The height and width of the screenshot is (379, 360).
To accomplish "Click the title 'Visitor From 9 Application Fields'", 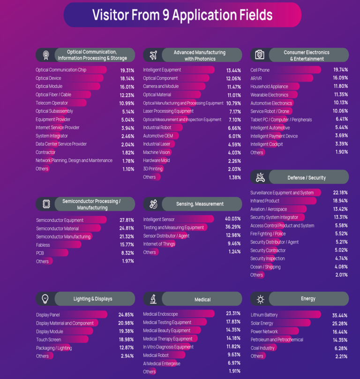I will [x=182, y=15].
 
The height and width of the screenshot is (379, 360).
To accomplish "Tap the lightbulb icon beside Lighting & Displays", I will [x=45, y=299].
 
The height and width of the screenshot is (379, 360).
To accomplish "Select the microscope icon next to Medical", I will [x=153, y=299].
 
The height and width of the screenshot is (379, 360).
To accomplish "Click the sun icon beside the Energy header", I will [x=260, y=299].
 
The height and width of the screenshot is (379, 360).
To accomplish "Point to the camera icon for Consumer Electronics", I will [x=260, y=55].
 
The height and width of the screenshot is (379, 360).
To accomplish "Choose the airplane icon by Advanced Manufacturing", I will [x=153, y=55].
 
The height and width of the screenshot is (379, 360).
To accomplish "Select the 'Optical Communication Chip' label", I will [x=61, y=70].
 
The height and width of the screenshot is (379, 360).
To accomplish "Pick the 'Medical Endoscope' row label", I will [x=160, y=314].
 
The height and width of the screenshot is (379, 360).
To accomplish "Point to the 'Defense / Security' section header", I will [x=307, y=178].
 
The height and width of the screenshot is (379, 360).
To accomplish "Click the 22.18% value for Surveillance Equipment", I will [x=340, y=193].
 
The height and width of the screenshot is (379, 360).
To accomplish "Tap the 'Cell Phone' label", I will [x=260, y=70].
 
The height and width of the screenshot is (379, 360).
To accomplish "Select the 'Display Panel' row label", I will [x=48, y=315].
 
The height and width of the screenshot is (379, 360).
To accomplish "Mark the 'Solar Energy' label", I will [x=262, y=323].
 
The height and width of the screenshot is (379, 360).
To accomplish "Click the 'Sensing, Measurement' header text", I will [x=200, y=204].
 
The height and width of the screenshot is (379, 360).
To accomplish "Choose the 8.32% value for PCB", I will [x=127, y=253].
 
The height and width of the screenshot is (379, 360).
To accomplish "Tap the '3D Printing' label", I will [x=153, y=169].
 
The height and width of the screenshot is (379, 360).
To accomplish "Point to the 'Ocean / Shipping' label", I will [x=265, y=267].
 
